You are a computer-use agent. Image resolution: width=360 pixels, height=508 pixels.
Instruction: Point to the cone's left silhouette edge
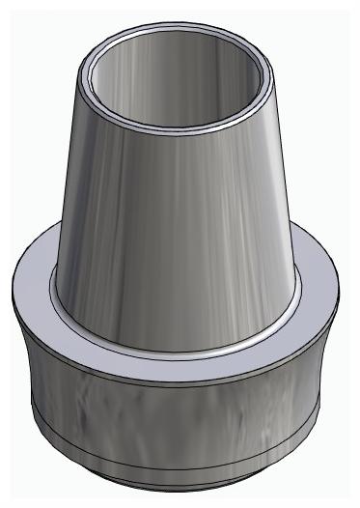[65, 193]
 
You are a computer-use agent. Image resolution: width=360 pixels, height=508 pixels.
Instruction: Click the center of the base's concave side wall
[179, 425]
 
